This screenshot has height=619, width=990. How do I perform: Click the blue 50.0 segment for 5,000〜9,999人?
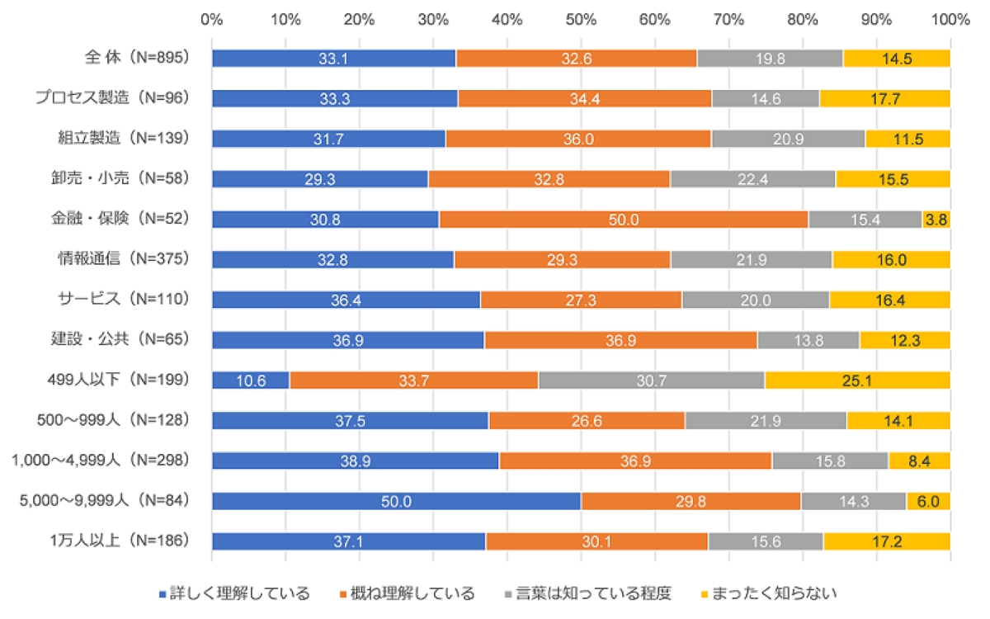point(396,501)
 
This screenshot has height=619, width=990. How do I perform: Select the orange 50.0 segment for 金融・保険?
point(624,219)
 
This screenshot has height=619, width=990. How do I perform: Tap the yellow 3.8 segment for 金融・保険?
point(936,219)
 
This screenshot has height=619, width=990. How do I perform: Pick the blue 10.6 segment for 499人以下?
point(251,380)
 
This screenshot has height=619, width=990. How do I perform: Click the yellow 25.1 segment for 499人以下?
point(857,380)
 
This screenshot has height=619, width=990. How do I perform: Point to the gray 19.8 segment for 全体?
point(770,58)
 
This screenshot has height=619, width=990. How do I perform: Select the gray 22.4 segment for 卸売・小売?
point(752,178)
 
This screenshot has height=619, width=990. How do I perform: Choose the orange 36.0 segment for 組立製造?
point(578,138)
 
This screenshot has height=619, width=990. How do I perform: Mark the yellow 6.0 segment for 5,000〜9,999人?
point(928,501)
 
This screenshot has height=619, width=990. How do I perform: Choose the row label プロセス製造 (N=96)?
point(112,97)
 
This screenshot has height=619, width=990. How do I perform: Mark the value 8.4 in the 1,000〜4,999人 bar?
point(920,461)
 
